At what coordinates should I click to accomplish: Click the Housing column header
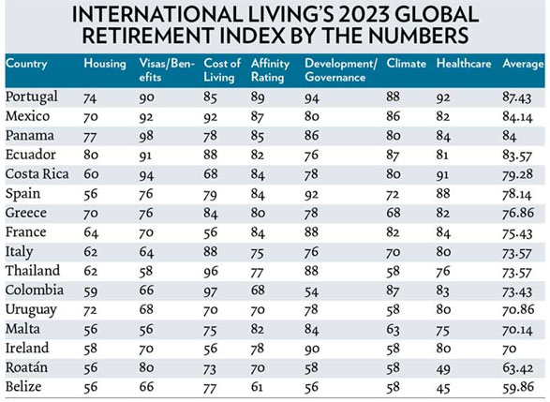[105, 64]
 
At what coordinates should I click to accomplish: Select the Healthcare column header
[464, 64]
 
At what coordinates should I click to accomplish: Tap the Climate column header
[407, 64]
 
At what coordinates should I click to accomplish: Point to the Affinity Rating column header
[270, 70]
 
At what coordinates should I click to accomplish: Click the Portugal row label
[32, 97]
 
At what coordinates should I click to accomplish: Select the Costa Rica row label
[37, 174]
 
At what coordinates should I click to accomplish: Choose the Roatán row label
[26, 367]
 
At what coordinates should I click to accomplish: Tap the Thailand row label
[33, 271]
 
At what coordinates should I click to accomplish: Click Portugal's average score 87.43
[516, 97]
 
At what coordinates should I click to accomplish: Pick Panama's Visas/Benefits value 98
[146, 136]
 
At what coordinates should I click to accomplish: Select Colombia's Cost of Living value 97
[211, 290]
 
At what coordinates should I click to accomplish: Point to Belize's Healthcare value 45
[443, 388]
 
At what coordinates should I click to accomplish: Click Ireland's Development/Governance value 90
[312, 349]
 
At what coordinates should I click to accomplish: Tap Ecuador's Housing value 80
[91, 155]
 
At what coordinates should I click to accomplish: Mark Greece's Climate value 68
[394, 213]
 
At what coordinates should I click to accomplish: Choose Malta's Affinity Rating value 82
[258, 329]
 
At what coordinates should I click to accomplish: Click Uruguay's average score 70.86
[518, 310]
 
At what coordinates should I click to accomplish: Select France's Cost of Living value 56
[211, 232]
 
